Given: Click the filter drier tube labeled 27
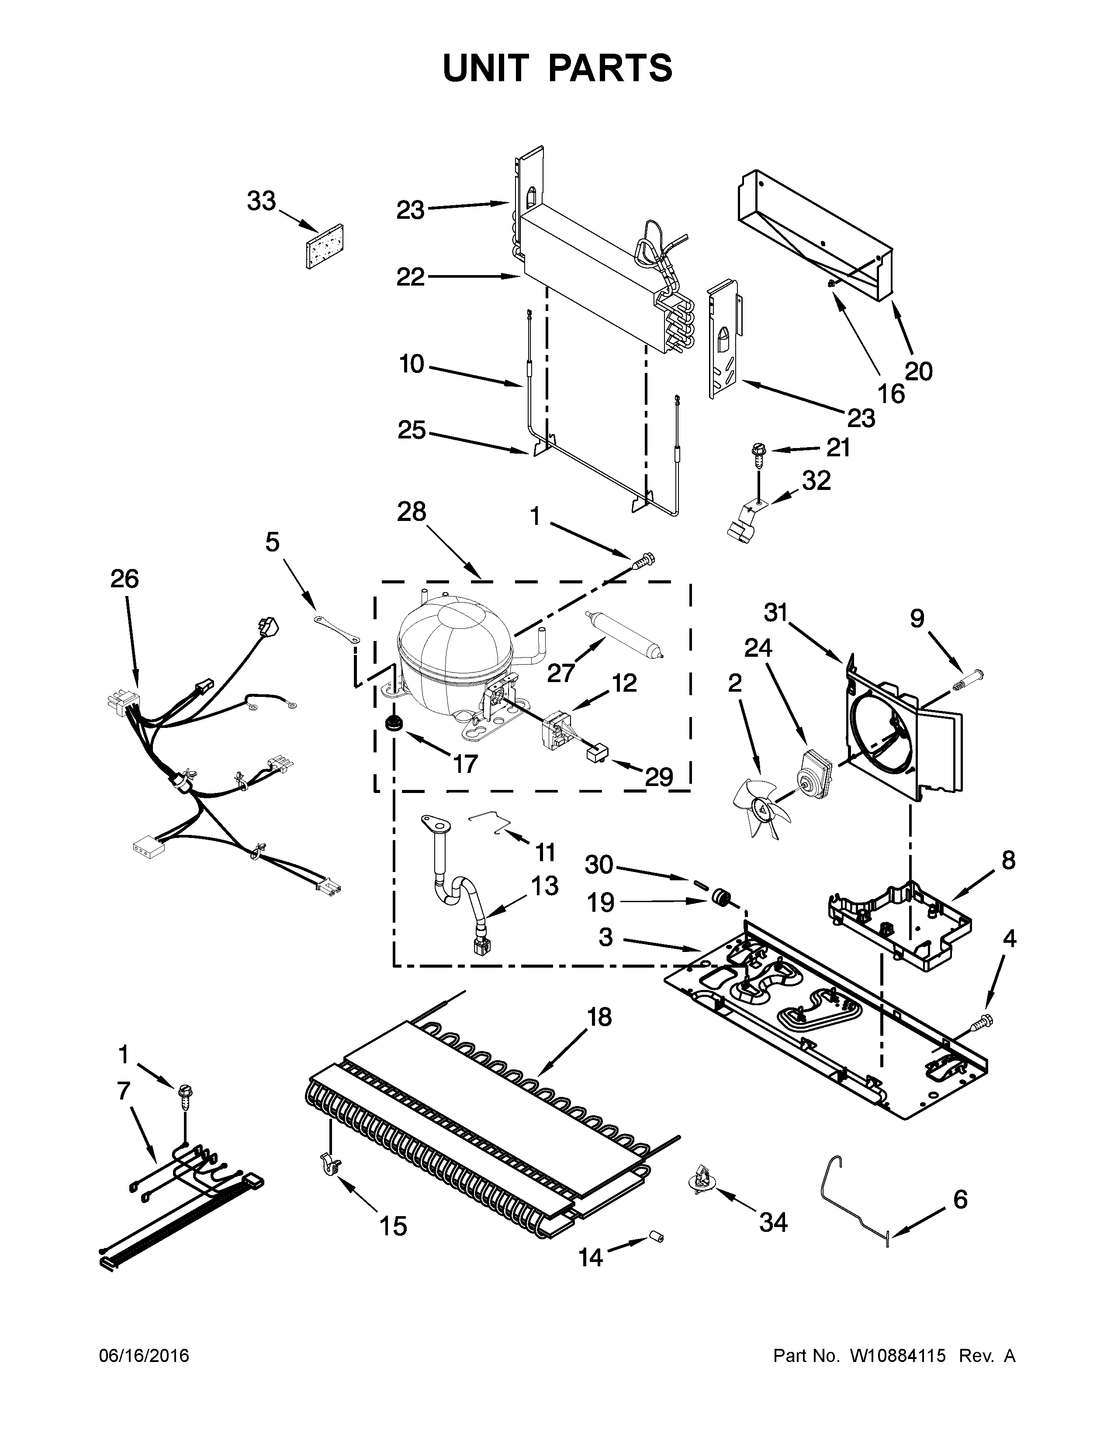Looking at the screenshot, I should (624, 636).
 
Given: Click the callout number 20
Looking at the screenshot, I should (919, 372).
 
